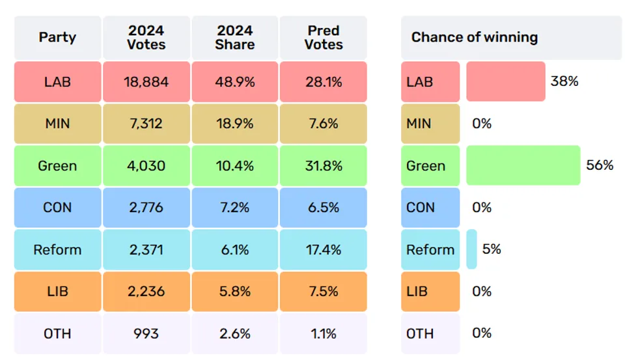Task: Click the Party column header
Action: point(57,37)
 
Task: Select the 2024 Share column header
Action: point(234,37)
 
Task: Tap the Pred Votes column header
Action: point(324,37)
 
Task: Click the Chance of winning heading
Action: point(475,37)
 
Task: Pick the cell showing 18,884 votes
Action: point(146,82)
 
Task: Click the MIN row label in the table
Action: point(57,124)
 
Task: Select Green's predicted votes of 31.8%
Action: point(324,166)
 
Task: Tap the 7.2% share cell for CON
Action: point(234,208)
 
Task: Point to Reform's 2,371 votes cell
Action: point(146,249)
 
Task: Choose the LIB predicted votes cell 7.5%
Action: point(324,292)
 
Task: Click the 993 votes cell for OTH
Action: point(146,333)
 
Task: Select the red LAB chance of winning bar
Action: point(506,82)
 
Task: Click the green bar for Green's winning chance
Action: point(523,166)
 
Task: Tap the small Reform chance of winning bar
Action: point(471,249)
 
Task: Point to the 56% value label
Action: point(600,165)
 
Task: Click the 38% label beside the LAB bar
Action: point(564,81)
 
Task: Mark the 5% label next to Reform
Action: point(492,249)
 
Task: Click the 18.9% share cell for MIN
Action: point(234,124)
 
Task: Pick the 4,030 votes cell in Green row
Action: point(146,166)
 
